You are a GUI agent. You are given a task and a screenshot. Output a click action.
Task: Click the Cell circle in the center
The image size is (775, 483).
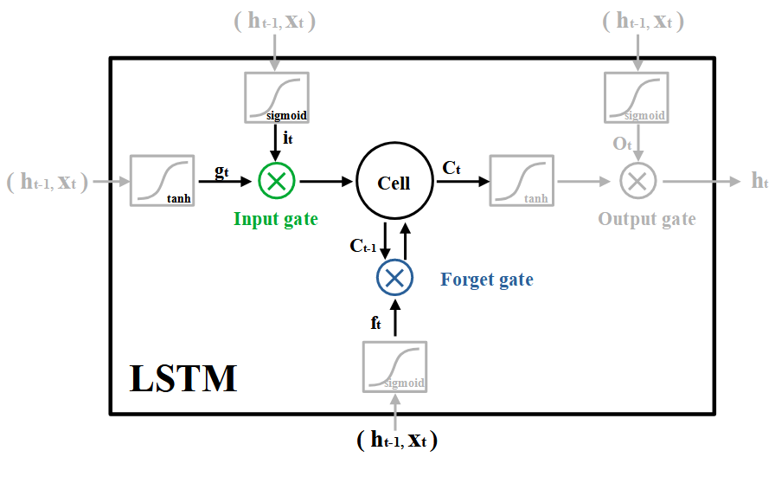(x=394, y=182)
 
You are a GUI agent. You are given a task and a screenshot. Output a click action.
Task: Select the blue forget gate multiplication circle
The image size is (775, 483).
(x=394, y=277)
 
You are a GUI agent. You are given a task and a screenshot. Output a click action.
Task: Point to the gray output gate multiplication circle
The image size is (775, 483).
(x=638, y=181)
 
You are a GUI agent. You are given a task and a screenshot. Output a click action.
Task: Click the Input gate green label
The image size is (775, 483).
(x=275, y=219)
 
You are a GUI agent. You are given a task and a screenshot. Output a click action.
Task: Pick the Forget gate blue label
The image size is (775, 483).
(x=487, y=280)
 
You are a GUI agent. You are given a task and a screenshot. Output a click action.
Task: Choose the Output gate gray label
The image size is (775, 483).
(x=646, y=219)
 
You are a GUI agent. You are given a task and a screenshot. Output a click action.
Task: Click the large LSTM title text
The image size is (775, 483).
(x=183, y=379)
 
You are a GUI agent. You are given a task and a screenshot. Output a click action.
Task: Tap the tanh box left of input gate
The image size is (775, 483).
(x=162, y=180)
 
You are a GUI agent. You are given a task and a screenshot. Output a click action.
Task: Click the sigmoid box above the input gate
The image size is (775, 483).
(x=276, y=96)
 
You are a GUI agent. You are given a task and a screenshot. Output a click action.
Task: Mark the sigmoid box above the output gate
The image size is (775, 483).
(x=636, y=96)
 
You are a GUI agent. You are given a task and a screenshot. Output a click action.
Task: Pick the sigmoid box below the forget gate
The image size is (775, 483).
(x=395, y=366)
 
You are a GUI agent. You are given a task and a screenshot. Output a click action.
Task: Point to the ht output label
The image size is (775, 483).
(x=759, y=181)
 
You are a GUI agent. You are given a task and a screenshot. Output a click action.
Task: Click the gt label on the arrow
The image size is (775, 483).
(x=221, y=170)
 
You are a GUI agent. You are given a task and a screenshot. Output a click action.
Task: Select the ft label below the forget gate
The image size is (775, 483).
(x=375, y=323)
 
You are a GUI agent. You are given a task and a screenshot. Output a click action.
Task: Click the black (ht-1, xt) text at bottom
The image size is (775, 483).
(x=397, y=440)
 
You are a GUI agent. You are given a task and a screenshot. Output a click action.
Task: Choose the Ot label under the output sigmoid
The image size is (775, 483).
(x=623, y=144)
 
